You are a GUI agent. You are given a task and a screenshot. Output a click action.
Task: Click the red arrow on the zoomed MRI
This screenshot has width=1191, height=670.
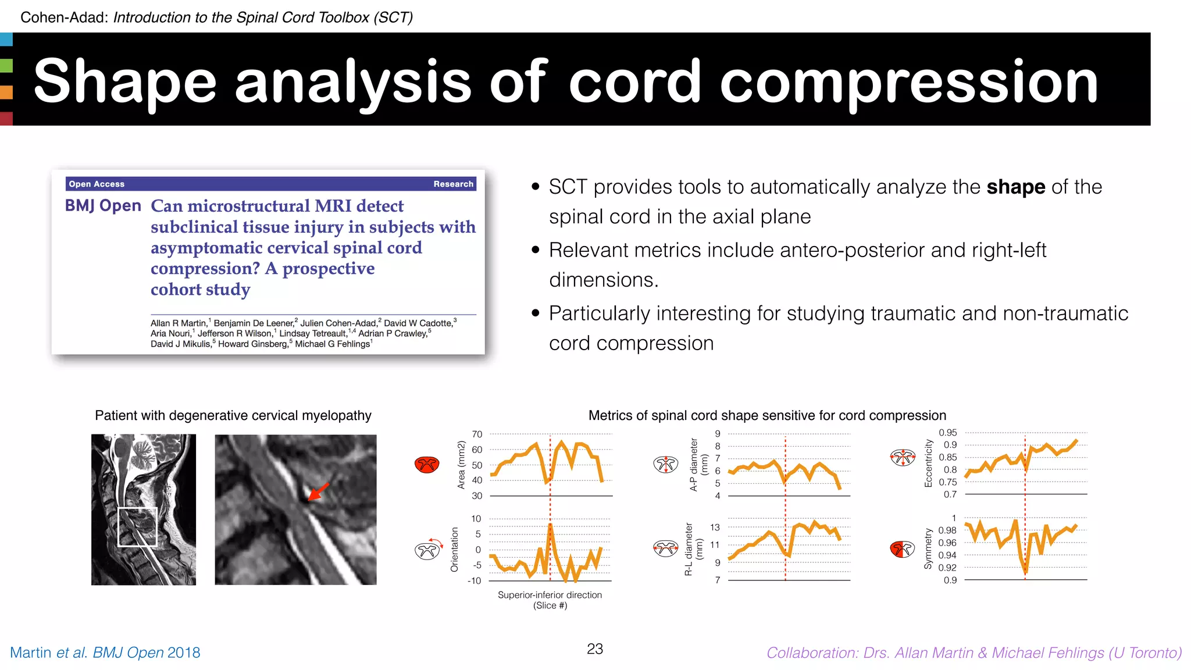point(318,491)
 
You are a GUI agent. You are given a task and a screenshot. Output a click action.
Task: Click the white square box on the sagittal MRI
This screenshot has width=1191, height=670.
point(138,527)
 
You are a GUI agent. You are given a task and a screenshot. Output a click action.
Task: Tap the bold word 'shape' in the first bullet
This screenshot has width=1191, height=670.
point(1015,187)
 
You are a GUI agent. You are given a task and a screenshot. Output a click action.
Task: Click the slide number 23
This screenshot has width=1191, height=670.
point(595,649)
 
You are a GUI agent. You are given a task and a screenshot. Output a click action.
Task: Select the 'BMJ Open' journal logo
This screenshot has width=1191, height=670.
point(103,206)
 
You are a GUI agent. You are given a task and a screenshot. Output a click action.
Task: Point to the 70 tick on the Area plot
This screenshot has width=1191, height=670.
point(477,434)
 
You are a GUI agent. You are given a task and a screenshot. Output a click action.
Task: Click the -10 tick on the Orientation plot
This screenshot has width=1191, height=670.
point(475,580)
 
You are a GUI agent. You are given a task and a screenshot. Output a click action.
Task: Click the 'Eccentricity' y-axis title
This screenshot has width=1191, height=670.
point(928,463)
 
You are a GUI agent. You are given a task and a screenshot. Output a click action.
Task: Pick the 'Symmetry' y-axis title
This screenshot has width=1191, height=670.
point(928,548)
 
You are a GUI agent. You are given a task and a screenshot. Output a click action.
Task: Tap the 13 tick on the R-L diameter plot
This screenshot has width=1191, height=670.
point(715,528)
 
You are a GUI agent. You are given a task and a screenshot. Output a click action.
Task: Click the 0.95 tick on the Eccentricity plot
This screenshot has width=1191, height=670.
point(947,433)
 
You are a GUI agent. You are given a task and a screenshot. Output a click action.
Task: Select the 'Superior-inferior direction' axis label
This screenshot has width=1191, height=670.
point(550,595)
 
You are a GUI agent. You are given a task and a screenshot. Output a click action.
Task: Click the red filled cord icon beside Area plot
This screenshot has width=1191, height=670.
point(427,465)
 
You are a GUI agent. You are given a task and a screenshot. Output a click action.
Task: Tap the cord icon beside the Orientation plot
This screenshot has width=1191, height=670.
point(427,550)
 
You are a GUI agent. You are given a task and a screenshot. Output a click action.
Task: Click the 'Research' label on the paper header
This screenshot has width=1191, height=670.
point(453,184)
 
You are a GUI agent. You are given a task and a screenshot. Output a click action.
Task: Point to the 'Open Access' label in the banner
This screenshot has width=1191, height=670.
point(97,184)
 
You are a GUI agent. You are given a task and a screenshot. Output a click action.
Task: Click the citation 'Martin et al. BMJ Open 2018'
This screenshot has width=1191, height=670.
point(105,653)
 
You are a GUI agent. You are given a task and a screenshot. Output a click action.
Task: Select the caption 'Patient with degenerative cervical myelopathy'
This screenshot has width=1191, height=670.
point(233,415)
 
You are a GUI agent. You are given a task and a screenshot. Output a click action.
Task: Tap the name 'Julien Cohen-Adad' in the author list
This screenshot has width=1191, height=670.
point(338,323)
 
